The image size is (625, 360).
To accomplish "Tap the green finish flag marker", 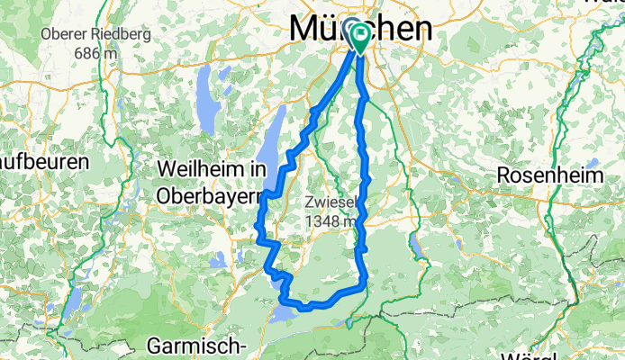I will [362, 37].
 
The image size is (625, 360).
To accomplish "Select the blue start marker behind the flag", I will [351, 34].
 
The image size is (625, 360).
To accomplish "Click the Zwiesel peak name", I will [334, 202].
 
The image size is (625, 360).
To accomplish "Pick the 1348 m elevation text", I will [334, 220].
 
